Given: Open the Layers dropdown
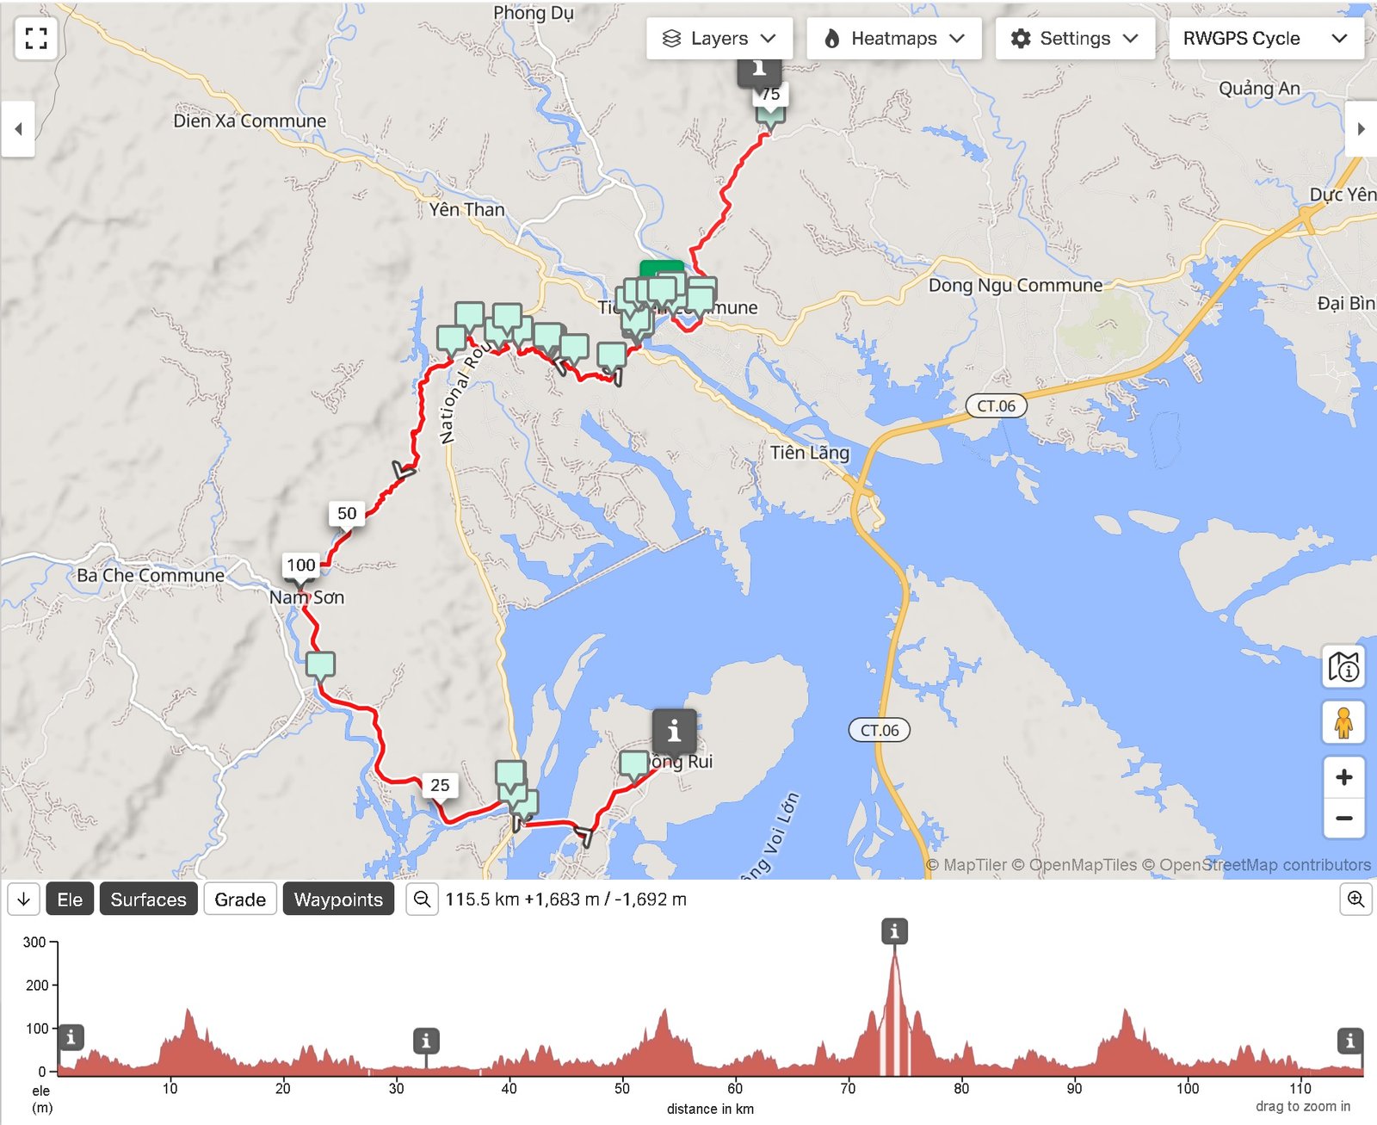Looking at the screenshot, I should tap(719, 39).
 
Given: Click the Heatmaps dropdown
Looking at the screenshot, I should tap(893, 39).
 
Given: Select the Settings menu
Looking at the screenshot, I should tap(1074, 39).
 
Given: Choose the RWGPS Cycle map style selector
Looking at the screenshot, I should tap(1265, 39).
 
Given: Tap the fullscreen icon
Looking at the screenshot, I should tap(36, 38).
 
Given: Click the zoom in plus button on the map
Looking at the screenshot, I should tap(1343, 778).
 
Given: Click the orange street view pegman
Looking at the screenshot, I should tap(1343, 723).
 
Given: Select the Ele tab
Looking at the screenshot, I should tap(70, 899).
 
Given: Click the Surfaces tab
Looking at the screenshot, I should tap(148, 899).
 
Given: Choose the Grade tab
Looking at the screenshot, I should tap(240, 899).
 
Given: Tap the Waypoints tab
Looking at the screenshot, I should tap(338, 899).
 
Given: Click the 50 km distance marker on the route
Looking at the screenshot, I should tap(347, 514).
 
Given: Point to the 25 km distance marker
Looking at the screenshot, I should tap(440, 785).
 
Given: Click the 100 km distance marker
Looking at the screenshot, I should tap(301, 566).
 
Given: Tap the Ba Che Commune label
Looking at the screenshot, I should tap(151, 575).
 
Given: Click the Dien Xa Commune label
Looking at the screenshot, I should tap(250, 121).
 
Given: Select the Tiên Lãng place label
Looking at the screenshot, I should tap(809, 453).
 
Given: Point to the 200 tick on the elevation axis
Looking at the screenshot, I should tap(36, 985).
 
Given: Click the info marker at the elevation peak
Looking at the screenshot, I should tap(894, 931).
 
